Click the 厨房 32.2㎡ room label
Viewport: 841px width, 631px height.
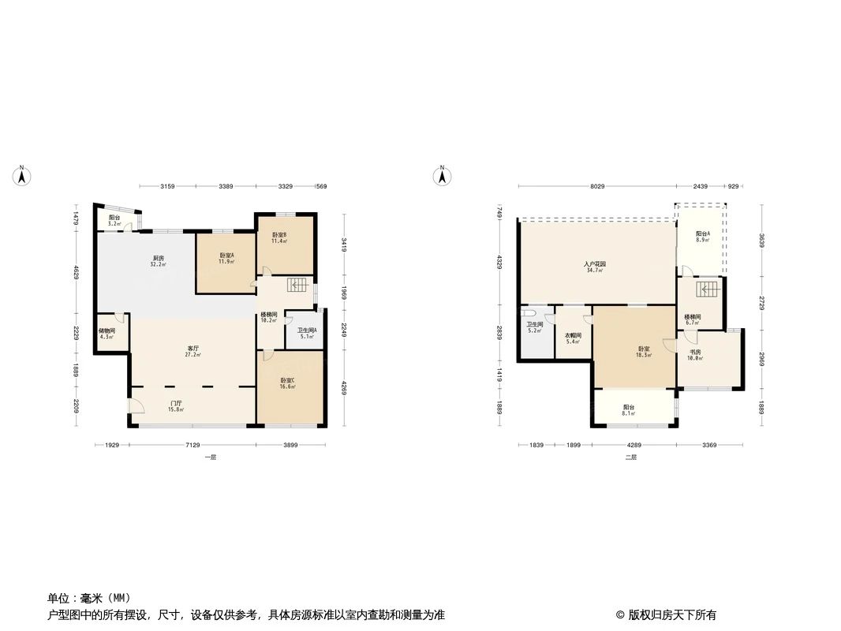(x=159, y=261)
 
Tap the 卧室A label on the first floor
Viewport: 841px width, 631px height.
(x=226, y=258)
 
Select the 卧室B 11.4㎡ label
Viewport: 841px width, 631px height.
(x=279, y=237)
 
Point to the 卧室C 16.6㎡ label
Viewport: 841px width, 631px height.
(x=288, y=384)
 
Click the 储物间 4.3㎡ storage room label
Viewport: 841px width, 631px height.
(x=107, y=334)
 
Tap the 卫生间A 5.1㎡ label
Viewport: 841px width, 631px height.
(x=306, y=333)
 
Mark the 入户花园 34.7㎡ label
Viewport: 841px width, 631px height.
(x=595, y=267)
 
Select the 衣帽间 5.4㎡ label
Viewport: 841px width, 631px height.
(x=573, y=338)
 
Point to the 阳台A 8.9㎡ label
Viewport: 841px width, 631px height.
(x=702, y=237)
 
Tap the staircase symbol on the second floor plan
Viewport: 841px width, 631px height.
(x=708, y=289)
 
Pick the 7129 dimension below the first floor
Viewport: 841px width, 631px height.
(x=192, y=446)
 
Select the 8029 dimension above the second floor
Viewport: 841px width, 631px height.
(x=596, y=186)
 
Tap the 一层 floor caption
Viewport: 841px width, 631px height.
(x=209, y=457)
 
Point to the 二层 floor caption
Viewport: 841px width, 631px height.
(x=630, y=457)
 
